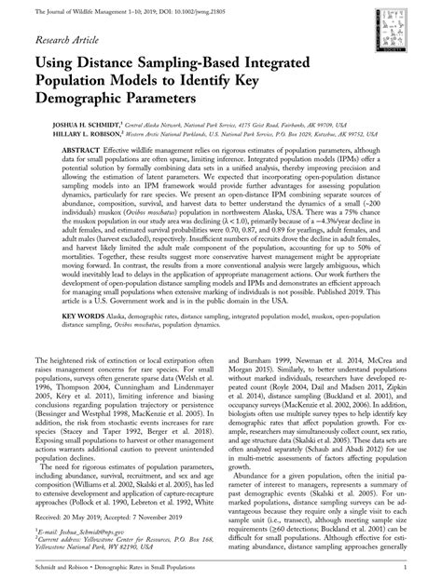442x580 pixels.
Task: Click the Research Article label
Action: click(69, 41)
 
